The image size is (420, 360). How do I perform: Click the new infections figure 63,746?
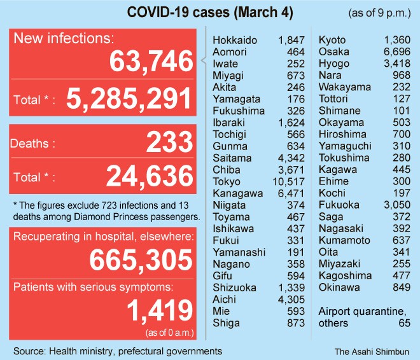click(x=151, y=62)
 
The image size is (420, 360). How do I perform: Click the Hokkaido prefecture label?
click(x=235, y=40)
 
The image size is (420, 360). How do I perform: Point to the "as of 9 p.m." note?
click(x=379, y=13)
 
